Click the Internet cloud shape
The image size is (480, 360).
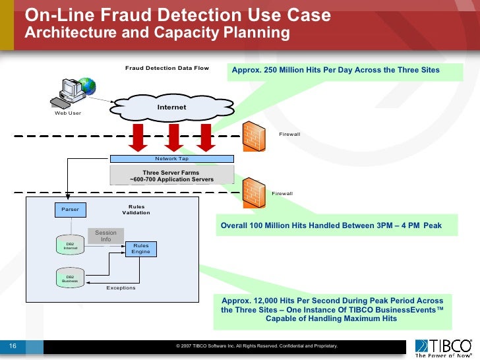click(171, 106)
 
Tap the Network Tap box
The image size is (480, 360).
click(171, 159)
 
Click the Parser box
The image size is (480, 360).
click(70, 209)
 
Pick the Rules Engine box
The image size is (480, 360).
click(140, 249)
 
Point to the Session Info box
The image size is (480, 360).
click(105, 236)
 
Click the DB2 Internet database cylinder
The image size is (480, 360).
click(70, 246)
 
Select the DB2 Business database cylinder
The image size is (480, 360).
click(70, 278)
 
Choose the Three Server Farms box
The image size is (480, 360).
click(171, 175)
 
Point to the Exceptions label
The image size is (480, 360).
click(121, 288)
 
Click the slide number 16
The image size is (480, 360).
click(12, 345)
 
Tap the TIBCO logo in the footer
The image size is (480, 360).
click(443, 346)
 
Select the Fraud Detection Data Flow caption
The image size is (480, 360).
click(167, 68)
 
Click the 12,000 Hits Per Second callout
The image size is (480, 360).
click(332, 310)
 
